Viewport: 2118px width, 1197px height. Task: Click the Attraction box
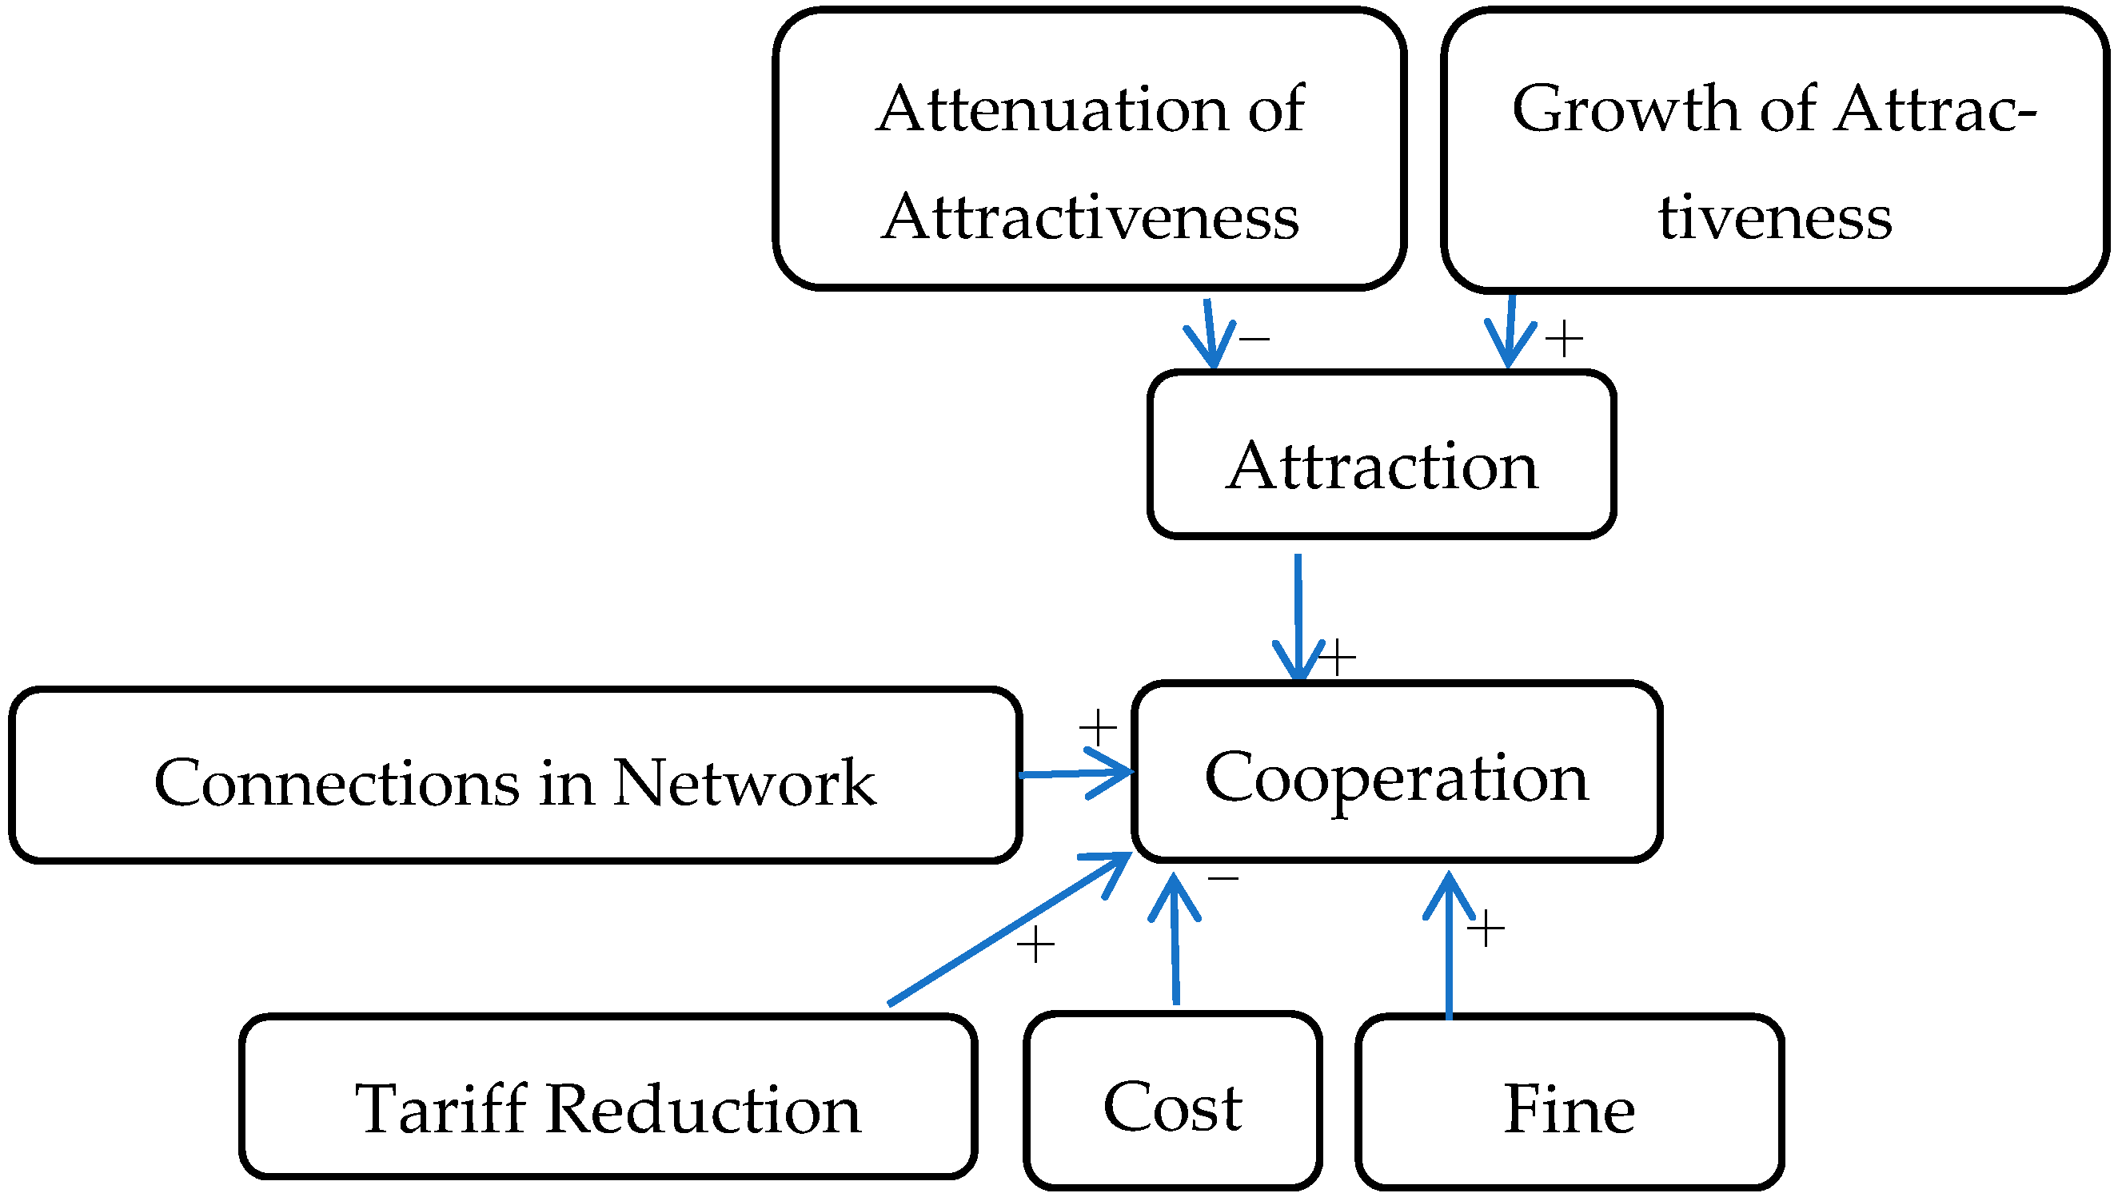pyautogui.click(x=1381, y=455)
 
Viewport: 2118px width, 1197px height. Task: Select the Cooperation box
pyautogui.click(x=1396, y=772)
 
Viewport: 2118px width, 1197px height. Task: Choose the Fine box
pyautogui.click(x=1569, y=1102)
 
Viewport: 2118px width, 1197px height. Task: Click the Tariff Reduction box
pyautogui.click(x=608, y=1096)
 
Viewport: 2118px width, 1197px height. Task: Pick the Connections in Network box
pyautogui.click(x=515, y=775)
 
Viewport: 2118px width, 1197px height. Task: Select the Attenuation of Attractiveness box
pyautogui.click(x=1089, y=149)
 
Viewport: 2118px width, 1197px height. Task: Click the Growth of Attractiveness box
pyautogui.click(x=1773, y=149)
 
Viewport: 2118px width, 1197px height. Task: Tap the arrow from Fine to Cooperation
pyautogui.click(x=1449, y=945)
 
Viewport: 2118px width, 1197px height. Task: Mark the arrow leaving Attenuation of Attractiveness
pyautogui.click(x=1209, y=333)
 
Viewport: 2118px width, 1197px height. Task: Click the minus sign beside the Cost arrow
pyautogui.click(x=1223, y=879)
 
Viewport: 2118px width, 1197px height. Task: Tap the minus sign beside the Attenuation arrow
pyautogui.click(x=1254, y=338)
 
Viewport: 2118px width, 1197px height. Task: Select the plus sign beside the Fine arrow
pyautogui.click(x=1486, y=929)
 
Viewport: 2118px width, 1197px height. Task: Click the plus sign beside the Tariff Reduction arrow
pyautogui.click(x=1035, y=944)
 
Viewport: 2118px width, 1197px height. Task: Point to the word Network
pyautogui.click(x=744, y=781)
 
